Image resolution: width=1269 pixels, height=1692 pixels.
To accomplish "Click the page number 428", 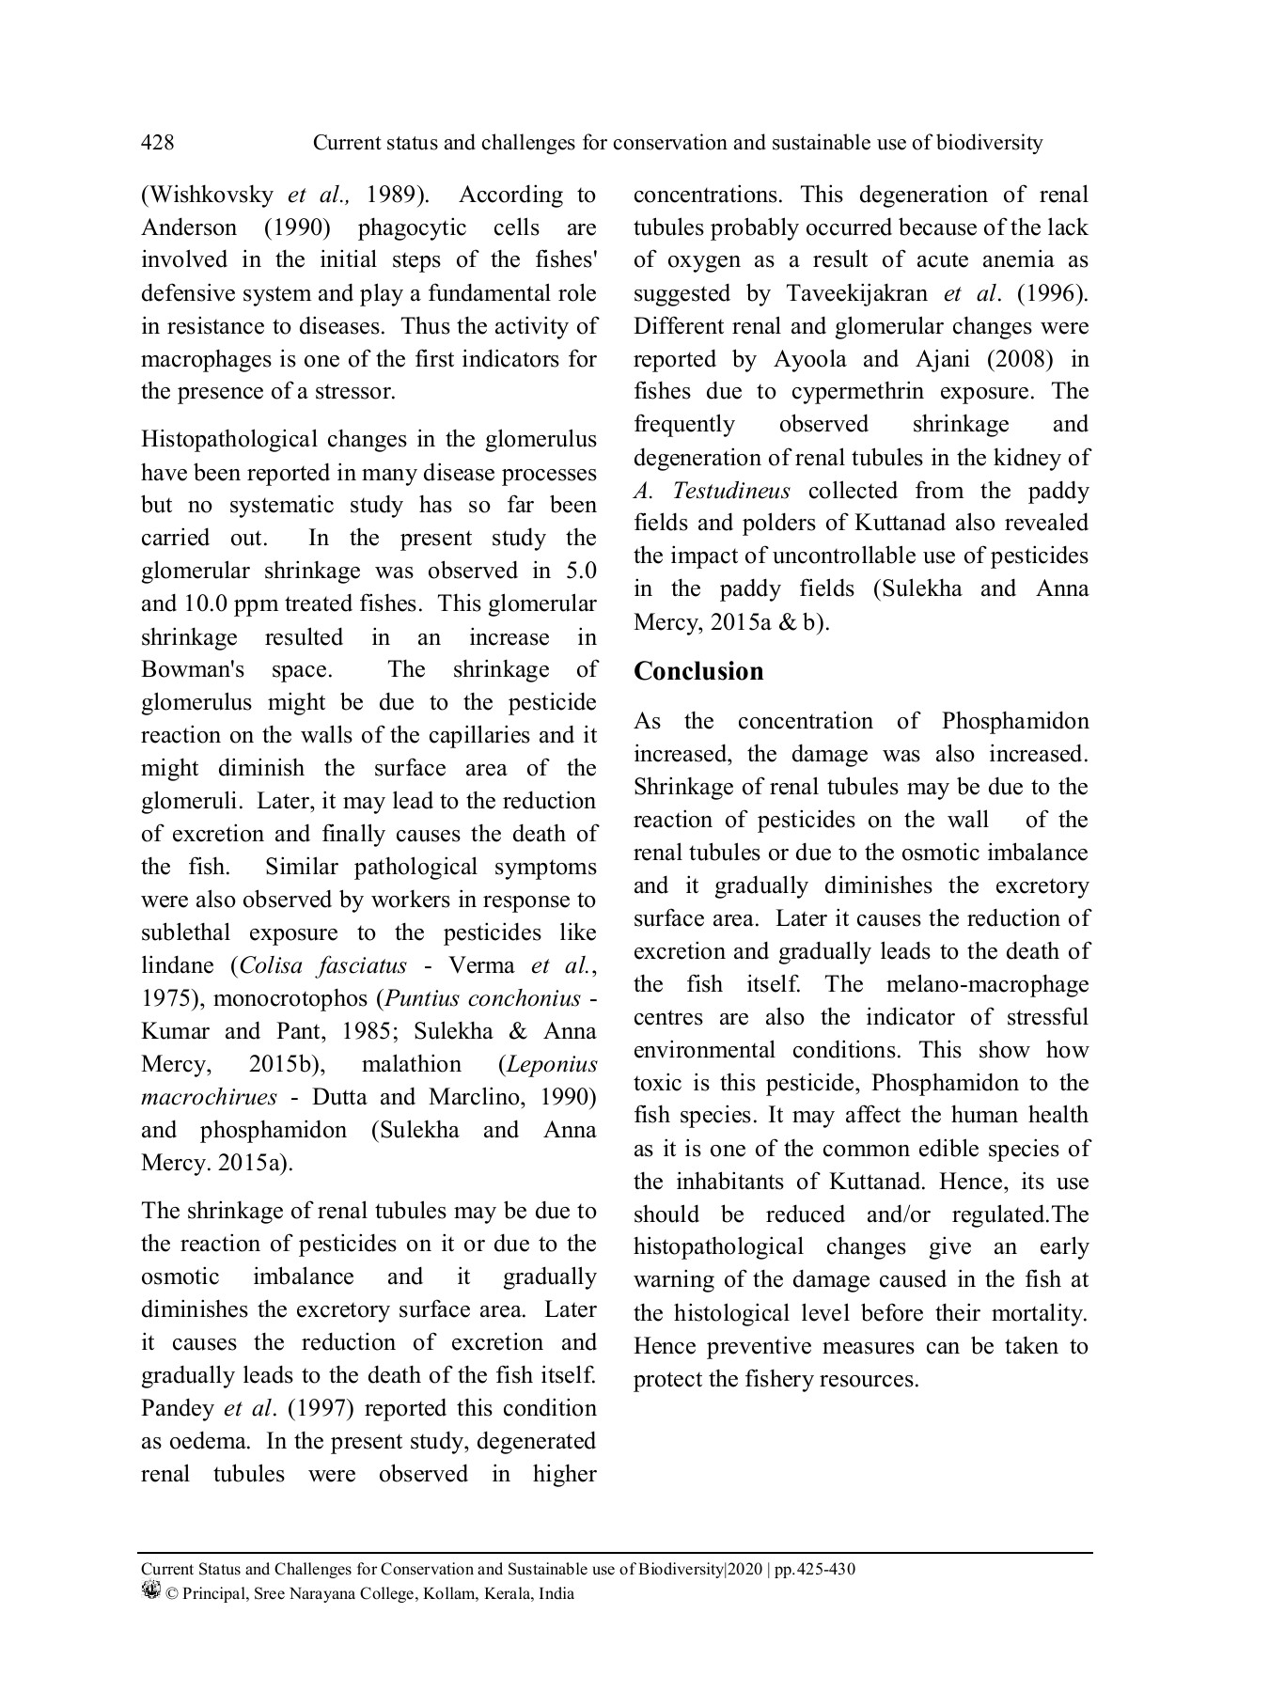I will click(x=157, y=143).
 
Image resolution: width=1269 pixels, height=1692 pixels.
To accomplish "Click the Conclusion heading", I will click(x=698, y=671).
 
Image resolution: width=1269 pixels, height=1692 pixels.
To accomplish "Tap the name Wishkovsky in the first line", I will click(x=207, y=196).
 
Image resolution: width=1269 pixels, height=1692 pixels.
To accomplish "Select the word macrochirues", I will click(x=209, y=1097).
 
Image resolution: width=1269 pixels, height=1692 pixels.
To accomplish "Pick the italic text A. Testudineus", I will click(x=712, y=491).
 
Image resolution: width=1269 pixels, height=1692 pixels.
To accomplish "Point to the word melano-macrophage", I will click(x=982, y=984).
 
